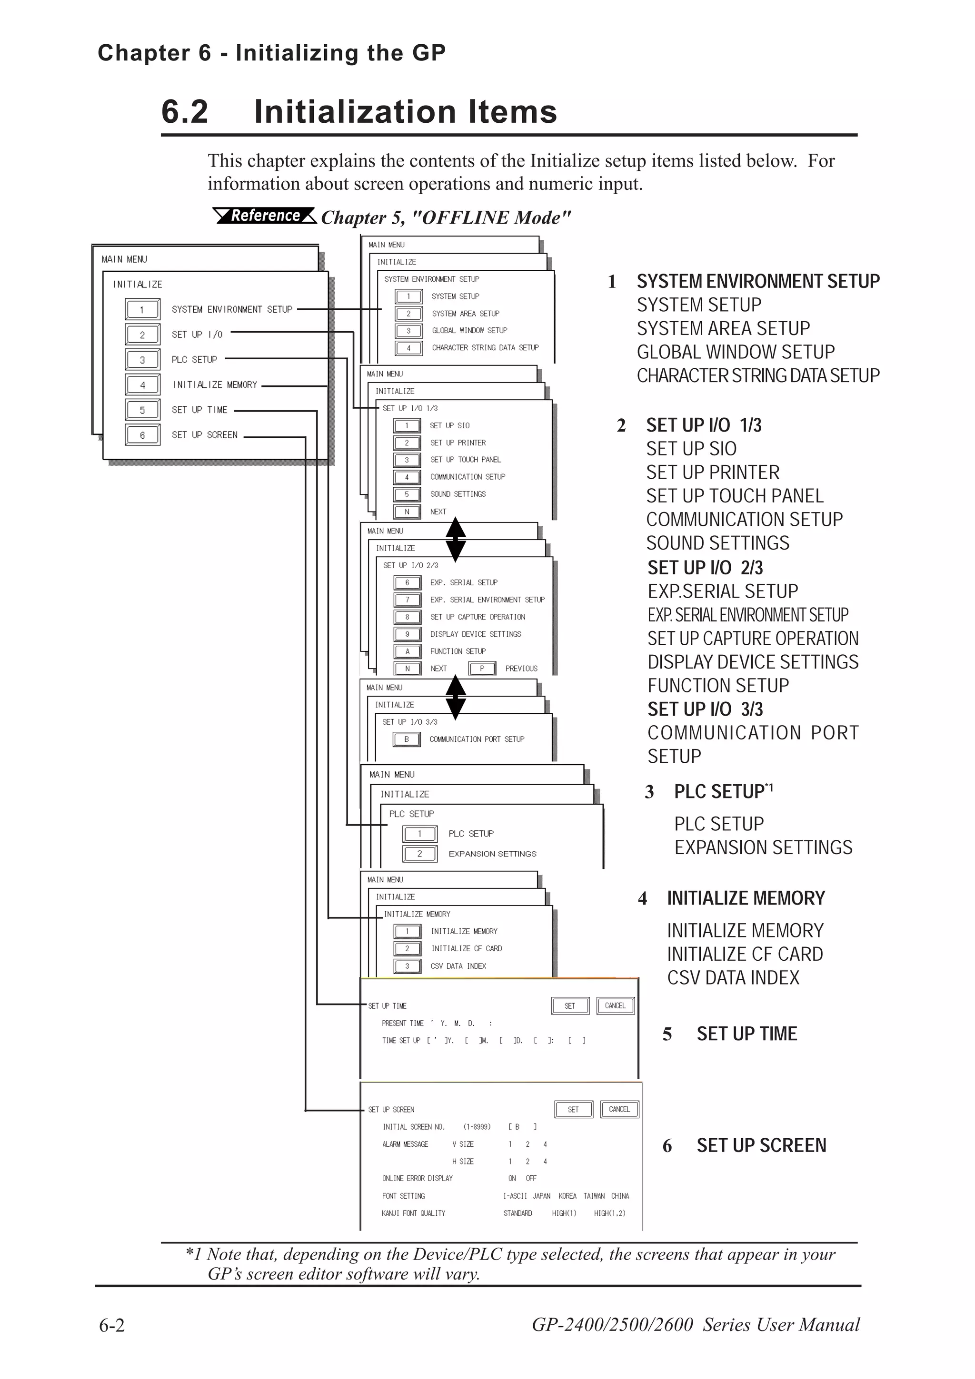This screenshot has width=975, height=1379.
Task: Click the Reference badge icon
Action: [264, 215]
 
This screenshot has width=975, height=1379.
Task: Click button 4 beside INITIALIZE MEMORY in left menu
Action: [142, 384]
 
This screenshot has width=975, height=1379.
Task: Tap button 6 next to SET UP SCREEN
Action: [142, 435]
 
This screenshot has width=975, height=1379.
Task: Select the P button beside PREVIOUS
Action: [482, 669]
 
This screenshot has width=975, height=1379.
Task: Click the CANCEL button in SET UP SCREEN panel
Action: [619, 1109]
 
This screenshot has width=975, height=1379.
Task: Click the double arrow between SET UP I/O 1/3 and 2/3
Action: [455, 539]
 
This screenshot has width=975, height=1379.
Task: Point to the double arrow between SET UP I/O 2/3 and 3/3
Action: [455, 697]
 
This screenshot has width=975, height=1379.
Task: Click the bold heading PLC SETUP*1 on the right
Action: [723, 792]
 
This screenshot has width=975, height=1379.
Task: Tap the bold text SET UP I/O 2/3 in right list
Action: [705, 568]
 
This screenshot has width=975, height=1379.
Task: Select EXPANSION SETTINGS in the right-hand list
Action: [763, 847]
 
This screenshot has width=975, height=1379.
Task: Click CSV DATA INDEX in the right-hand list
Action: [733, 978]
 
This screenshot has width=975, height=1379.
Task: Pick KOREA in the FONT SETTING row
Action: [567, 1196]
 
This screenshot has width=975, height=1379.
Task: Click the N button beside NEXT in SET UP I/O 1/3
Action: [407, 512]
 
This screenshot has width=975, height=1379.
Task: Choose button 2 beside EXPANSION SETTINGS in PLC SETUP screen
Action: [419, 854]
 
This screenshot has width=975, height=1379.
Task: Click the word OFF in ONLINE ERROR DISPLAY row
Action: [531, 1178]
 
